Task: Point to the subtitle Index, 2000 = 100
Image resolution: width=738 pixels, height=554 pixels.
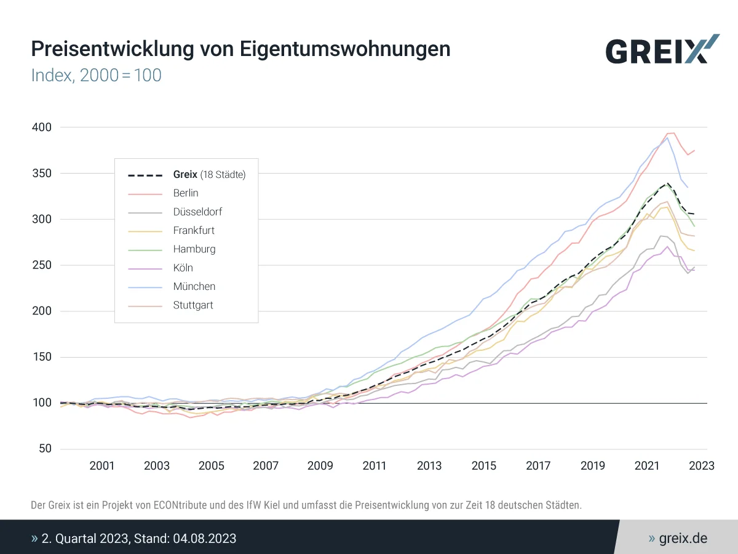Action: point(96,76)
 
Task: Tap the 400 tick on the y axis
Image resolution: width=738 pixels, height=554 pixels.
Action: point(41,127)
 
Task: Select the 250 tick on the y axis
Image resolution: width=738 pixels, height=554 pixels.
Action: point(41,265)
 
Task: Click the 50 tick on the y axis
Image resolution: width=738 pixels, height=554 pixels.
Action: point(44,449)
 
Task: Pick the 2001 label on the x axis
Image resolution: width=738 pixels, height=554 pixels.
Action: point(102,465)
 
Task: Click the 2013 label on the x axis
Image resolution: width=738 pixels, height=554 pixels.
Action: point(429,465)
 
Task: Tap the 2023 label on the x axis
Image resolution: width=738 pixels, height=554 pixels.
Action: point(702,465)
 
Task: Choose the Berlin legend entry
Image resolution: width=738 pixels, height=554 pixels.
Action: point(186,193)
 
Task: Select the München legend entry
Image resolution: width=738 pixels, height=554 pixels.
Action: point(194,286)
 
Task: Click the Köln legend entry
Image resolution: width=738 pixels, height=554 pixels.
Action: point(183,268)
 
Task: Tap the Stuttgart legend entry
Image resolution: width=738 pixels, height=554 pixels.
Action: point(193,305)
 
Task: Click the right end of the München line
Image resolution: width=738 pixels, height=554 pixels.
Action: point(688,187)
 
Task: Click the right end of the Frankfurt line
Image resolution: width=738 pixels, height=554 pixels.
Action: point(694,250)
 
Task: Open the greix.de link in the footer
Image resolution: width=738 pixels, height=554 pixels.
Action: point(683,539)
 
